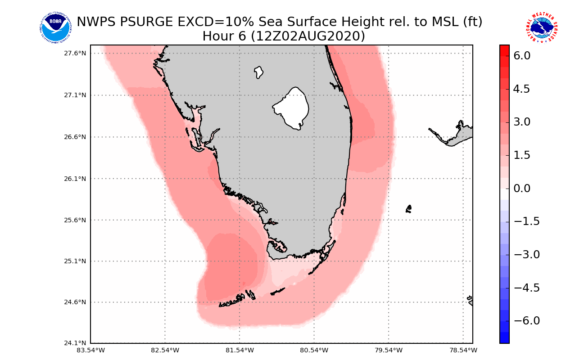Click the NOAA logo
[55, 27]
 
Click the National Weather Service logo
[542, 27]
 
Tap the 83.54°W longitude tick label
[91, 350]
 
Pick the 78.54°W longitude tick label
[463, 350]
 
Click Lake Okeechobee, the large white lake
[292, 108]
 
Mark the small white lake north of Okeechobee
[258, 72]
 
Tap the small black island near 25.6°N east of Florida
[408, 209]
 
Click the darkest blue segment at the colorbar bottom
[504, 337]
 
